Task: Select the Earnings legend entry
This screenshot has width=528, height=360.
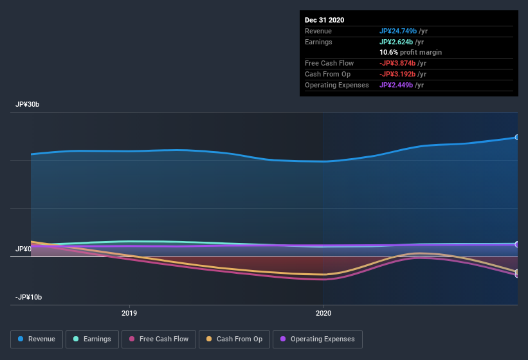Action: (92, 339)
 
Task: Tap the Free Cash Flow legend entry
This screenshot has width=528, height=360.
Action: (159, 339)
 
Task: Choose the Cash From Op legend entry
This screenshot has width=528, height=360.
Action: (234, 339)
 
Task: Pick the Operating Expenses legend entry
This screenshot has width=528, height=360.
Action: (317, 339)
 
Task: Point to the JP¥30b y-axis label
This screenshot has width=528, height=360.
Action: (28, 104)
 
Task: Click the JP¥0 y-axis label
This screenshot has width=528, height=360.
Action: (24, 249)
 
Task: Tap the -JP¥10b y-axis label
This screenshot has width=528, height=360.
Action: (29, 297)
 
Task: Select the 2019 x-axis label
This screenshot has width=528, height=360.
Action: (130, 313)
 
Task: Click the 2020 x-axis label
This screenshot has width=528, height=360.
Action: (323, 313)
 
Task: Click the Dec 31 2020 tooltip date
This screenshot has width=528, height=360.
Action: (325, 20)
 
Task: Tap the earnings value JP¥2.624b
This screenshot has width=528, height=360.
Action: (397, 42)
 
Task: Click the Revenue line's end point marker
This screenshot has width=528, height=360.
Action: (517, 137)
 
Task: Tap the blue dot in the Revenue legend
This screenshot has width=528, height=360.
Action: (21, 339)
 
